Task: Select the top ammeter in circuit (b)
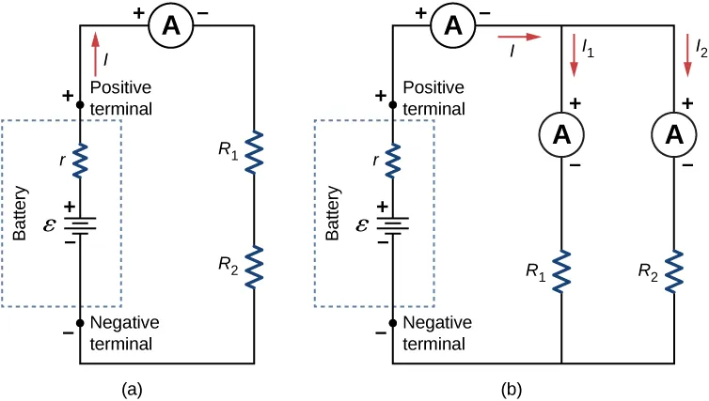(x=452, y=27)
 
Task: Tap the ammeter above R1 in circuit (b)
(x=561, y=134)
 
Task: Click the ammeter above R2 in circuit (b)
(x=674, y=134)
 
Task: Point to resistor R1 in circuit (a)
(x=254, y=153)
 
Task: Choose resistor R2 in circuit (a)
(x=254, y=266)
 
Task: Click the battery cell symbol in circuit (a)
(x=80, y=225)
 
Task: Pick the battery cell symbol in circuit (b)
(x=392, y=225)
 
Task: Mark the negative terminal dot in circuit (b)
(x=392, y=322)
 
